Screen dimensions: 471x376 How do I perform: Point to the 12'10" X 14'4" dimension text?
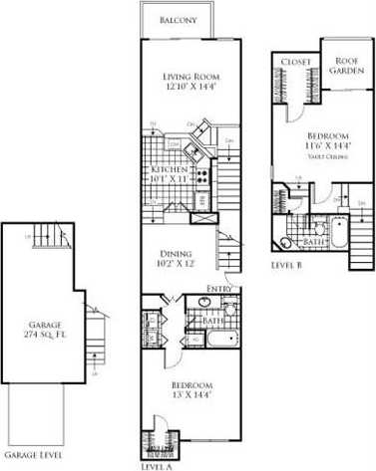[190, 90]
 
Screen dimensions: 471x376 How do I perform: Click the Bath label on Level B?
[312, 241]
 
